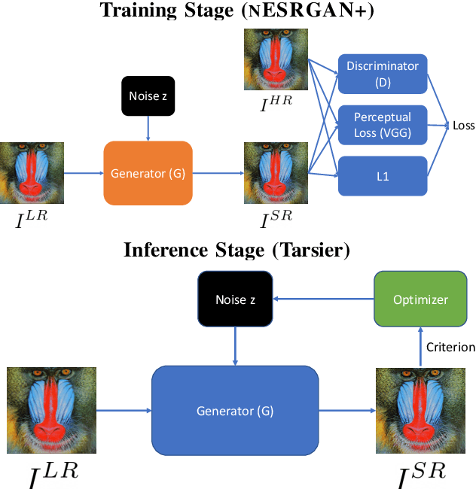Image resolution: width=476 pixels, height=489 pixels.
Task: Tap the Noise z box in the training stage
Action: (x=148, y=96)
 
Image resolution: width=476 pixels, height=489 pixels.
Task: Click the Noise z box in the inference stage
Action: (x=236, y=299)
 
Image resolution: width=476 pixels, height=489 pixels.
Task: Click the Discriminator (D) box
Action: (x=382, y=73)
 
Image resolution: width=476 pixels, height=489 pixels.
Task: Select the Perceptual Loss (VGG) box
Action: (x=382, y=124)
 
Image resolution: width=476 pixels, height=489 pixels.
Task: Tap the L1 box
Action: (x=382, y=175)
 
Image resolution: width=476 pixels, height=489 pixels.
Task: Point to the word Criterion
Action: (x=451, y=347)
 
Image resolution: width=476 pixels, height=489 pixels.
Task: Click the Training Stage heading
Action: (x=238, y=11)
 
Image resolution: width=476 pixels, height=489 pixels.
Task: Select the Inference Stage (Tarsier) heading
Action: (x=237, y=251)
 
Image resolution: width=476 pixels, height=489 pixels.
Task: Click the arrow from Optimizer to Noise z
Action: (x=323, y=299)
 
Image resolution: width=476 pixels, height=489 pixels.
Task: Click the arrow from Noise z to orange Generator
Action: (x=148, y=128)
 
